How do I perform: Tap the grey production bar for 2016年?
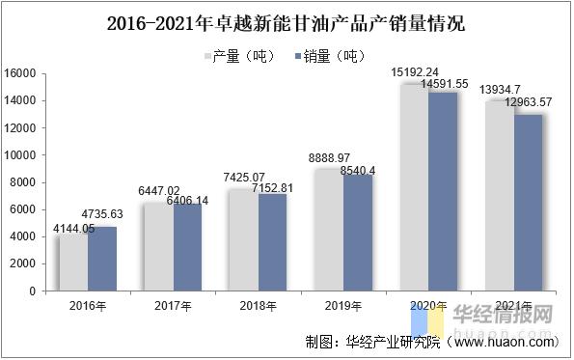pyautogui.click(x=72, y=262)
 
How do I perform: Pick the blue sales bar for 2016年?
pyautogui.click(x=101, y=258)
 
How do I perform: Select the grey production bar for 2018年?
pyautogui.click(x=243, y=239)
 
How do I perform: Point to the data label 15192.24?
pyautogui.click(x=415, y=71)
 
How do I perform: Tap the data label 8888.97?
pyautogui.click(x=329, y=157)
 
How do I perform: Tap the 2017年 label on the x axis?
pyautogui.click(x=173, y=305)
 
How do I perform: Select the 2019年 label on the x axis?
pyautogui.click(x=343, y=305)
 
